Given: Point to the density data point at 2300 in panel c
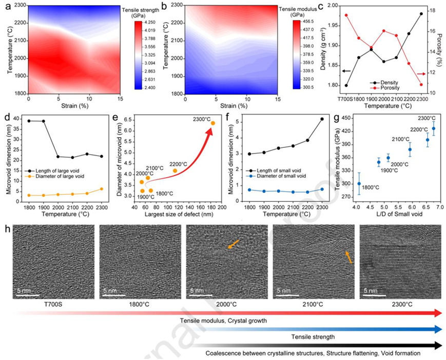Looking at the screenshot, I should [421, 14].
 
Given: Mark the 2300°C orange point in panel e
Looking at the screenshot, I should [212, 123].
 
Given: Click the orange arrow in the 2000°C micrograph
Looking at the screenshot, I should [234, 246].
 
